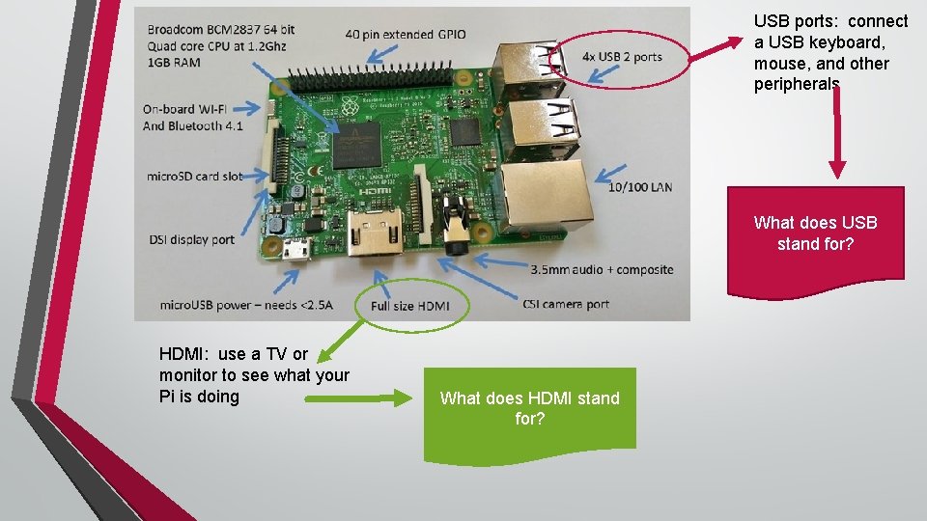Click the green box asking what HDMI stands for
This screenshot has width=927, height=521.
(529, 408)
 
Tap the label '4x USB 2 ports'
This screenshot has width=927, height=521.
(622, 57)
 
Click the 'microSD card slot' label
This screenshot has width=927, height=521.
(194, 177)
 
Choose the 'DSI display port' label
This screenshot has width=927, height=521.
(191, 239)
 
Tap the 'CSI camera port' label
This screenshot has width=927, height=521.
(565, 304)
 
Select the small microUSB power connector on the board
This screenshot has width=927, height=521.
(295, 250)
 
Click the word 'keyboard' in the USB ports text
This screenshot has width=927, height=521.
(828, 42)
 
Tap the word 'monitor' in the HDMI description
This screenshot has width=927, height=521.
(187, 375)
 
